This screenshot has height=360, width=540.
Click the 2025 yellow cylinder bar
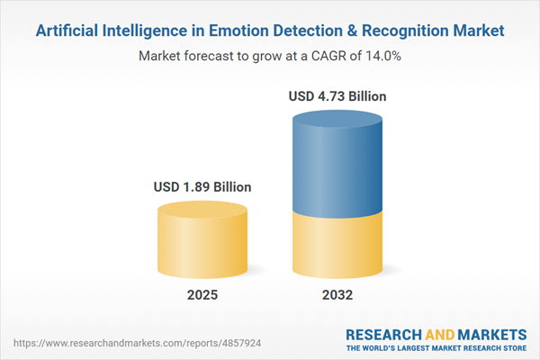pos(202,243)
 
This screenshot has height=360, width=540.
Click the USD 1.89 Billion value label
pos(202,187)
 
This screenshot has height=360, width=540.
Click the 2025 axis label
pos(202,294)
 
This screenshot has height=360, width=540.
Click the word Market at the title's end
pos(475,31)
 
